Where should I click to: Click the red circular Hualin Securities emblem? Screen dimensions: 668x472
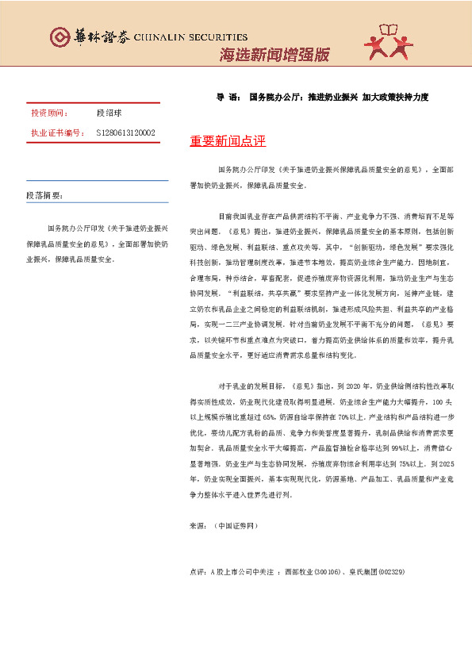59,36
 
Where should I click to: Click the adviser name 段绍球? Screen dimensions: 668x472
109,114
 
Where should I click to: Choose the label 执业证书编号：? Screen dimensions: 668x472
57,133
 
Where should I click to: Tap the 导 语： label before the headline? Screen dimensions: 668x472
228,97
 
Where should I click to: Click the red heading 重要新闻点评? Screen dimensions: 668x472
228,141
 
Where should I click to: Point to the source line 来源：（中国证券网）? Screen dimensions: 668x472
224,525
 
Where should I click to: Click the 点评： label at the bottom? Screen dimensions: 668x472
199,571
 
